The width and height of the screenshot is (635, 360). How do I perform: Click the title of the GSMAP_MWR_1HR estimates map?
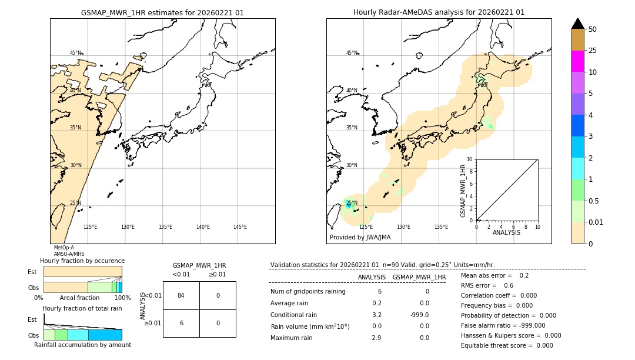tap(162, 12)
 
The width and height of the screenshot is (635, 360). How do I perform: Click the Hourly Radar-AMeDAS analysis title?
tap(439, 12)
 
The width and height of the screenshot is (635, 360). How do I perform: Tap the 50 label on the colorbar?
tap(593, 29)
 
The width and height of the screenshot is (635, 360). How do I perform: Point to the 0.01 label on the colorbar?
tap(596, 222)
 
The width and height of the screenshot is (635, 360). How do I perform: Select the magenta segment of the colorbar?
tap(577, 61)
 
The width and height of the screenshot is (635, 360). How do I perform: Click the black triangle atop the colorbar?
tap(577, 24)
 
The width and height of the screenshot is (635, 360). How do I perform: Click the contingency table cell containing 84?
tap(181, 295)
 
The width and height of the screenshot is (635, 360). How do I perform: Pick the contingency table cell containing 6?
tap(181, 323)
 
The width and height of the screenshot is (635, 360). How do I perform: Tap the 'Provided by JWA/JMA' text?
tap(360, 238)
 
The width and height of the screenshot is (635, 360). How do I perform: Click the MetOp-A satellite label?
tap(63, 248)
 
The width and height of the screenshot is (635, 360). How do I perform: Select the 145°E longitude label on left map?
tap(240, 227)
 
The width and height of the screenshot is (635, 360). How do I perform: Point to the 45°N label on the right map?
tap(352, 53)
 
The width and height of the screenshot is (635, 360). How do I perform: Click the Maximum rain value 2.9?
tap(376, 338)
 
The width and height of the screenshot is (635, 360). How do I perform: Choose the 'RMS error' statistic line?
tap(487, 285)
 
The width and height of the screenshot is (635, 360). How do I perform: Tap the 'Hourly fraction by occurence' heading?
tap(82, 261)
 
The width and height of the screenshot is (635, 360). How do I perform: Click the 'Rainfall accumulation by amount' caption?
tap(82, 345)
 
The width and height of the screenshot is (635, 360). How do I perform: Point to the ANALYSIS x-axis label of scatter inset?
tap(506, 232)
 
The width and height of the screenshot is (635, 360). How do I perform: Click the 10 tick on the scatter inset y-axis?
tap(470, 159)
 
